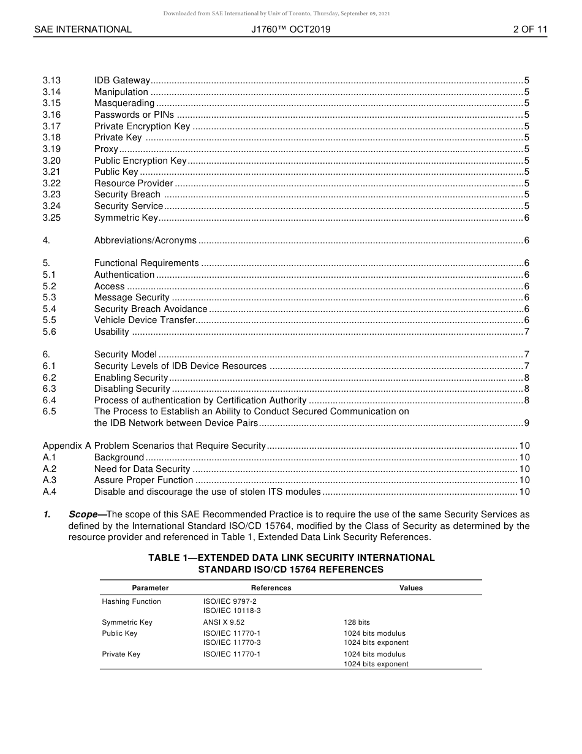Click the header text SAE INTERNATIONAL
[83, 29]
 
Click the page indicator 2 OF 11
[530, 29]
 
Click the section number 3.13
[51, 80]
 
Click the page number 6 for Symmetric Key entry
[527, 218]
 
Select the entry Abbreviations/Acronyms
[145, 240]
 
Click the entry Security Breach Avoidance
[151, 309]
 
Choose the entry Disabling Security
[132, 389]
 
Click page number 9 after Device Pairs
[527, 423]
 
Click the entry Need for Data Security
[142, 469]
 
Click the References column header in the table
[271, 588]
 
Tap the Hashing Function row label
[131, 601]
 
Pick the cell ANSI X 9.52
[224, 622]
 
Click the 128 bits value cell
[357, 622]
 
